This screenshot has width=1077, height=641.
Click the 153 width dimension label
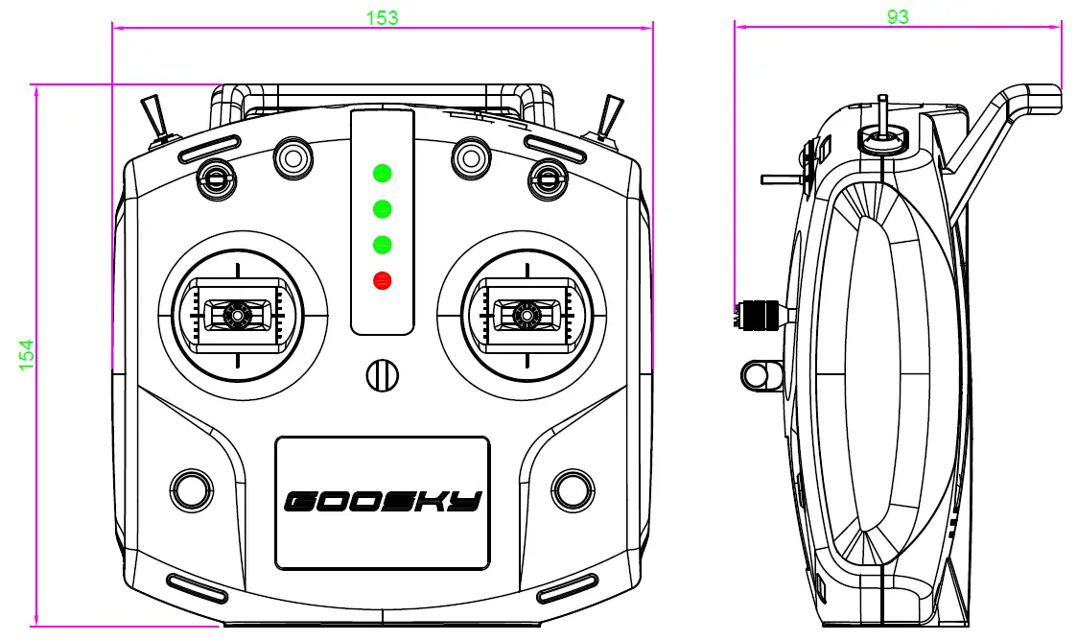[382, 16]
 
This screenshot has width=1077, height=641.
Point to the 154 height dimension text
[26, 354]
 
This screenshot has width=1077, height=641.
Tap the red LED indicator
[383, 281]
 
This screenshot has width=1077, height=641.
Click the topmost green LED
[383, 174]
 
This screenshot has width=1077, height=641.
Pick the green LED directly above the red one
[383, 245]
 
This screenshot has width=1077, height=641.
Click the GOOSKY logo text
[383, 501]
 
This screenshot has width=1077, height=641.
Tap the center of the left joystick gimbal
[236, 313]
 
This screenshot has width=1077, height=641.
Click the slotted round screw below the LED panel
[381, 374]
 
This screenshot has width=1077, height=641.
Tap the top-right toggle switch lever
[607, 117]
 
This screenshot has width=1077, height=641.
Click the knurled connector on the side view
[759, 314]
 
